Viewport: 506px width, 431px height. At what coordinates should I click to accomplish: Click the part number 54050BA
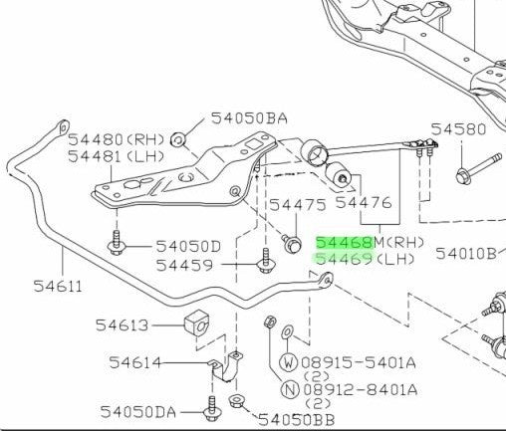coord(249,118)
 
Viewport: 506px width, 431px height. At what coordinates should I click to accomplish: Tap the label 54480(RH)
coord(117,139)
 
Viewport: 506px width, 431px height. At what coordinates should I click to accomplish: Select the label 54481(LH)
coord(117,156)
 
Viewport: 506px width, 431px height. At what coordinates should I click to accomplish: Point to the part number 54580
coord(458,129)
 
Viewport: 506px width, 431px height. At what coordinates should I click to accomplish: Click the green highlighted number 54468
coord(345,243)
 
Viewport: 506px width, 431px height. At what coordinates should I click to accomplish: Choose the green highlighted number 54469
coord(345,259)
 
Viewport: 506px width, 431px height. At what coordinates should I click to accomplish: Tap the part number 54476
coord(364,202)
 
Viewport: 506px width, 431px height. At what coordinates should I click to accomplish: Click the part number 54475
coord(298,205)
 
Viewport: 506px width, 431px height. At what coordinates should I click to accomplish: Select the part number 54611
coord(58,286)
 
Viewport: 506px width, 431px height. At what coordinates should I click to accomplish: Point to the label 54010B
coord(466,254)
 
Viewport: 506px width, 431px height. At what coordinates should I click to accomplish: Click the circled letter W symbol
coord(289,362)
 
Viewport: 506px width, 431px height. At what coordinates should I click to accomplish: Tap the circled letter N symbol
coord(290,389)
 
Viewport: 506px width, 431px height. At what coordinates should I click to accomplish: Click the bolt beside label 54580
coord(477,168)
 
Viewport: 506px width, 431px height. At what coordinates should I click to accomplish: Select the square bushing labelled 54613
coord(197,323)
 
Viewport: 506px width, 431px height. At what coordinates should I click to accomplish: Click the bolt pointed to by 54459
coord(266,262)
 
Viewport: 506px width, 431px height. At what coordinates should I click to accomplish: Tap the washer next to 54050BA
coord(178,139)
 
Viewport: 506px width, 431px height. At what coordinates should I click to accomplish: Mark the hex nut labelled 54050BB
coord(236,401)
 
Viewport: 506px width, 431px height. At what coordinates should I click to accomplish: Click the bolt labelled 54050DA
coord(211,409)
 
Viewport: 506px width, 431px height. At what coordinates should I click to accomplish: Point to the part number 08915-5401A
coord(359,362)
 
